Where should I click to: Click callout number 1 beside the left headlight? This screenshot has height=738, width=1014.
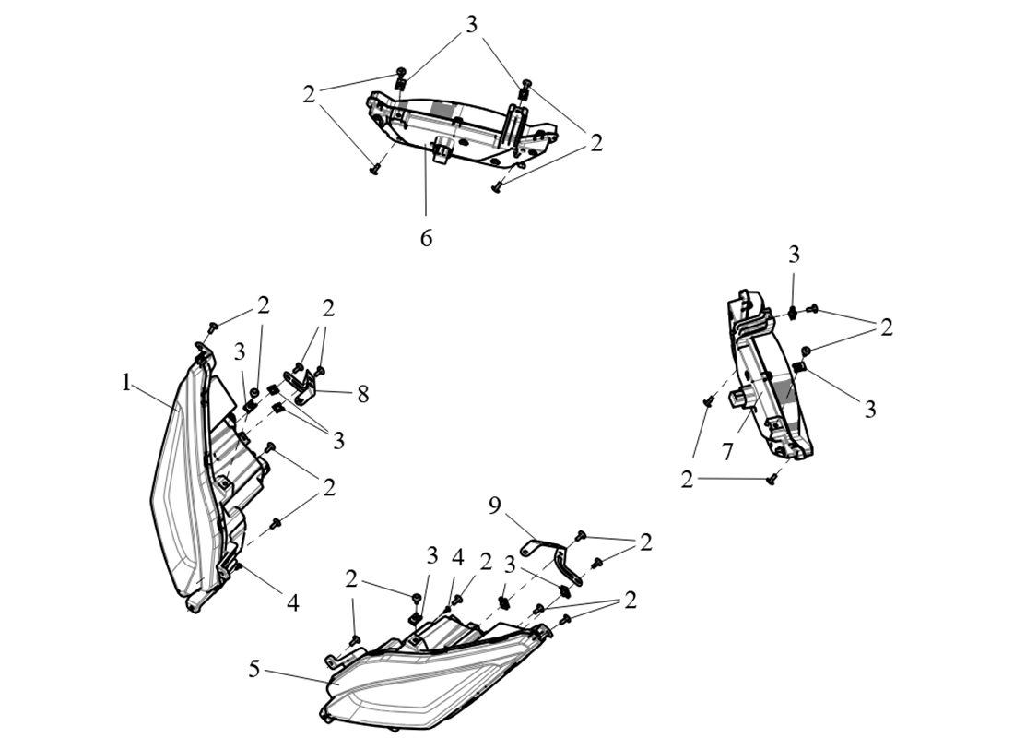pyautogui.click(x=127, y=382)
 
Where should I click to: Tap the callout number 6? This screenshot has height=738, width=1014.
pyautogui.click(x=426, y=237)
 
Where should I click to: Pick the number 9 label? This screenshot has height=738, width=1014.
pyautogui.click(x=494, y=506)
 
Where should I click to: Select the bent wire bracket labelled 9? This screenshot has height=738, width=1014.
pyautogui.click(x=553, y=553)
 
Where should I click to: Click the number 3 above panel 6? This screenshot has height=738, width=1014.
pyautogui.click(x=472, y=25)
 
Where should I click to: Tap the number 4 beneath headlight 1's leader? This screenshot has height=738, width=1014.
pyautogui.click(x=292, y=602)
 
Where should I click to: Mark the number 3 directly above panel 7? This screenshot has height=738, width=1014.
pyautogui.click(x=794, y=255)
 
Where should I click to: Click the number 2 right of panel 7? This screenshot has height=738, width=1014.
pyautogui.click(x=886, y=327)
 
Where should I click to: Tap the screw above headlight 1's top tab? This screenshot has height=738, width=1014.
pyautogui.click(x=211, y=326)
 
